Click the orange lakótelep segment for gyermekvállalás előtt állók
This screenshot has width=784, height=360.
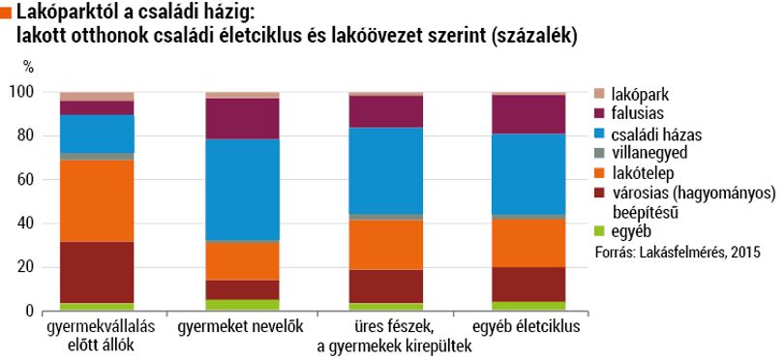click(97, 201)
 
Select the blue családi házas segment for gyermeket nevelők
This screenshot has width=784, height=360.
click(243, 190)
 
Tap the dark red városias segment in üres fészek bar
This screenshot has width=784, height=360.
click(386, 286)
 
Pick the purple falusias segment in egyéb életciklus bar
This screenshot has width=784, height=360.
click(528, 114)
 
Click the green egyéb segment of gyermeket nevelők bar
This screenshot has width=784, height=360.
click(243, 305)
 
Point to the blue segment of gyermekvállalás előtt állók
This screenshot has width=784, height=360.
click(97, 134)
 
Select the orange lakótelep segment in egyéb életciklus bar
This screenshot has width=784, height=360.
click(528, 243)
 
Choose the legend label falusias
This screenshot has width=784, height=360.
click(638, 113)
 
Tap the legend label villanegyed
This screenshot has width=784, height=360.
click(649, 153)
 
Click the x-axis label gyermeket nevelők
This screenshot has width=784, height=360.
click(240, 327)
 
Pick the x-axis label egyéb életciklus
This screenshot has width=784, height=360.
click(526, 327)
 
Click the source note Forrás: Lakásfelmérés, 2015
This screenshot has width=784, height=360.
click(678, 252)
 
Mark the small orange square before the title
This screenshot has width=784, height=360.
click(6, 13)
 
